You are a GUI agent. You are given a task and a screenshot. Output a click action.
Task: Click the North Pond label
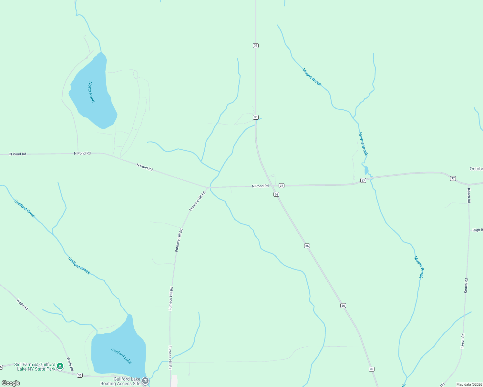pyautogui.click(x=91, y=92)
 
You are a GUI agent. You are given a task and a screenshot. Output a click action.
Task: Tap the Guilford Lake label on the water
pyautogui.click(x=121, y=356)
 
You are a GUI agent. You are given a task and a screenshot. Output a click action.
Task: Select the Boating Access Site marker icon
pyautogui.click(x=145, y=381)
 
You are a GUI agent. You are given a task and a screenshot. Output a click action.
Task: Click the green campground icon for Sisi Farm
pyautogui.click(x=60, y=366)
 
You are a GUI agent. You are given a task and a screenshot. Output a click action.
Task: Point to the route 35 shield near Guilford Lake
pyautogui.click(x=80, y=375)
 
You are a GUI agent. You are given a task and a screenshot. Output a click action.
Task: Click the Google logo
pyautogui.click(x=11, y=383)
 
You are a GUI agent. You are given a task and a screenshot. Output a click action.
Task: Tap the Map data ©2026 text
pyautogui.click(x=469, y=384)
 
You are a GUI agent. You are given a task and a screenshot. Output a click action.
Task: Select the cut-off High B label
pyautogui.click(x=478, y=230)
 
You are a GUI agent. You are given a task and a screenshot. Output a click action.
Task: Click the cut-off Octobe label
pyautogui.click(x=476, y=169)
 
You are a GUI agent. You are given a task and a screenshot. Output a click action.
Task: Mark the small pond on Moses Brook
pyautogui.click(x=366, y=170)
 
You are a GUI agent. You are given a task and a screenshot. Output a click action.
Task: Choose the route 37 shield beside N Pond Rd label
pyautogui.click(x=282, y=186)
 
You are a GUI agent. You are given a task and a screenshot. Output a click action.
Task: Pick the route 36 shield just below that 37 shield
pyautogui.click(x=276, y=194)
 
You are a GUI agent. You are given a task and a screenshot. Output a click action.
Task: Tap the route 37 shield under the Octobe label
pyautogui.click(x=453, y=178)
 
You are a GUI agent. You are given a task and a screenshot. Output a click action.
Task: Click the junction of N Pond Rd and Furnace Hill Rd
pyautogui.click(x=208, y=187)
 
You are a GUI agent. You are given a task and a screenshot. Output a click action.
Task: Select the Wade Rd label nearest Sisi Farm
pyautogui.click(x=70, y=364)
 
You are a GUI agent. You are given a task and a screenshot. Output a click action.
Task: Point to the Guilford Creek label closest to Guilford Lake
pyautogui.click(x=79, y=265)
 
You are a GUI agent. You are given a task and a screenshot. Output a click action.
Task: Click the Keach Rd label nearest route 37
pyautogui.click(x=469, y=195)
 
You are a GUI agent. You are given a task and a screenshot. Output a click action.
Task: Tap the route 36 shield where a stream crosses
pyautogui.click(x=255, y=117)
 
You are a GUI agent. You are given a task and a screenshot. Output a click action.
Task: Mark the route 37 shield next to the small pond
pyautogui.click(x=363, y=181)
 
